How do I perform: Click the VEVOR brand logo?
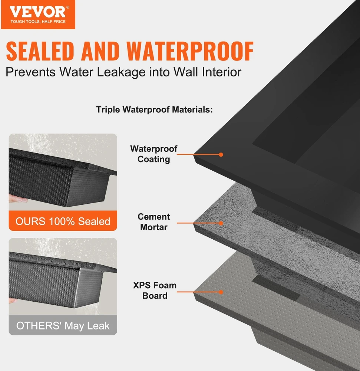[38, 15]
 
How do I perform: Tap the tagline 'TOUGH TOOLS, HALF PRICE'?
[38, 22]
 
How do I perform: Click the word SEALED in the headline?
[40, 51]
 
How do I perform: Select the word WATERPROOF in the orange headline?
[190, 51]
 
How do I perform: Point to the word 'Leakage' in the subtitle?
[121, 72]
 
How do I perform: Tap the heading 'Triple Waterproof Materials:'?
[154, 109]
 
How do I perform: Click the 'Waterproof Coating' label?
[153, 154]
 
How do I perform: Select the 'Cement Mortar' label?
[153, 222]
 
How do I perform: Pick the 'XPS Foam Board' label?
[155, 290]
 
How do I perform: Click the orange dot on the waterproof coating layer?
[221, 154]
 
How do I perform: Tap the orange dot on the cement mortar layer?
[221, 223]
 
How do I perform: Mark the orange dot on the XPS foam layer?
[221, 292]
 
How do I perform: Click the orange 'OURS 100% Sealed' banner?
[63, 221]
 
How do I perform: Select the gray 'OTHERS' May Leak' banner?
[63, 325]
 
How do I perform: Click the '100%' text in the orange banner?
[62, 221]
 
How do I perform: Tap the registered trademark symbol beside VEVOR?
[68, 7]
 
